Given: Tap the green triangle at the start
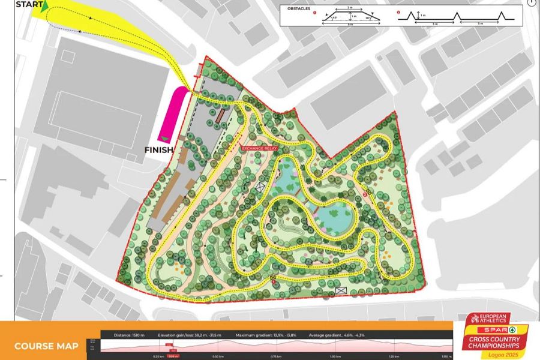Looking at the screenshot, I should point(43,7).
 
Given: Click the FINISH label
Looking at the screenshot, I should point(158,150).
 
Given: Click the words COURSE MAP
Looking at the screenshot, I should point(46,346).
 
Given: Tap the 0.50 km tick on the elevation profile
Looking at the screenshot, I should point(219,356).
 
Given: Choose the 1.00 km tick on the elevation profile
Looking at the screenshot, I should point(335,356).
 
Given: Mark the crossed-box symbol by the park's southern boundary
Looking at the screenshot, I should point(341,291).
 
